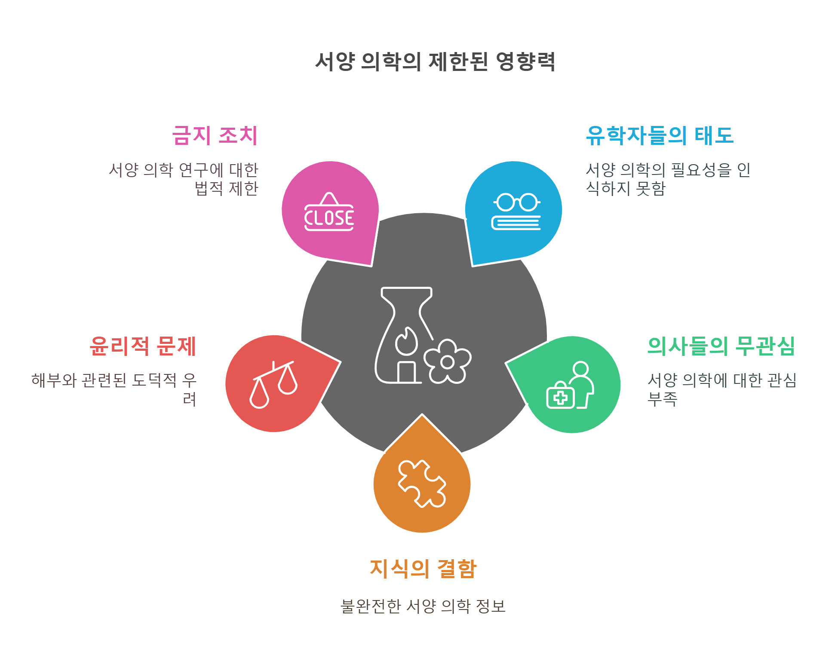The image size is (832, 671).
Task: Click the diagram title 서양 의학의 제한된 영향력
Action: pos(435,62)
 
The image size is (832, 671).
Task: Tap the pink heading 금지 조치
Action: pos(215,135)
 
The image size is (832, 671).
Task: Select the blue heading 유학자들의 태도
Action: pos(660,135)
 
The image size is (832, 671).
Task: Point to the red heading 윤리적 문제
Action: pos(143,346)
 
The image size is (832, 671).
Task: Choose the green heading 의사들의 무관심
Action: pos(721,346)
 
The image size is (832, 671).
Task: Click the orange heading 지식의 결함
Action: pos(423,569)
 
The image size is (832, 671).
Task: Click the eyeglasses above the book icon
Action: pos(516,202)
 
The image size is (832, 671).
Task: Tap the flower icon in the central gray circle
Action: pos(448,362)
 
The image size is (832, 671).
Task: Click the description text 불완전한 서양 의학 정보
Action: pos(423,606)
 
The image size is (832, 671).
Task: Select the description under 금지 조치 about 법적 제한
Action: pos(184,179)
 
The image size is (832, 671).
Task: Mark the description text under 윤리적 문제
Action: pos(114,389)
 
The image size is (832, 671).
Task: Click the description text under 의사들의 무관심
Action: pos(722,389)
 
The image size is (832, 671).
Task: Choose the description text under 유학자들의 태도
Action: pos(668,179)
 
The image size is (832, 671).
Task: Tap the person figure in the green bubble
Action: pos(583,383)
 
